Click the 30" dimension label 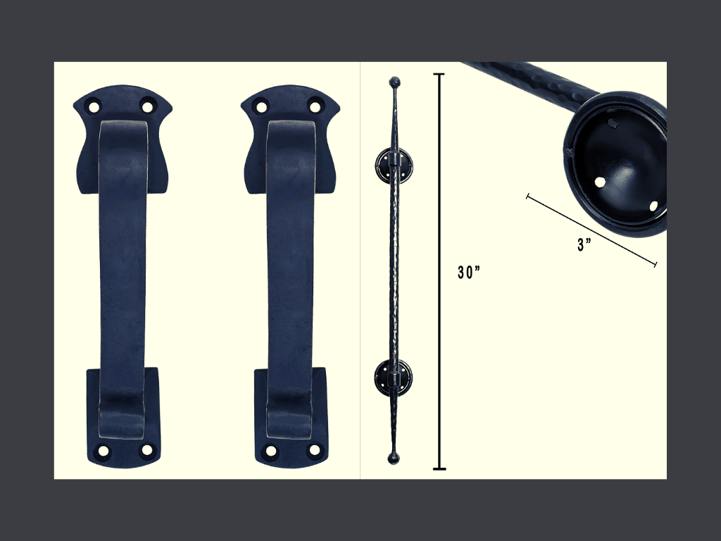468,273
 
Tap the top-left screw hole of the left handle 93,106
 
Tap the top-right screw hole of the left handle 147,106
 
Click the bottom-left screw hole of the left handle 104,451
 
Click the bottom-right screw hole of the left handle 147,449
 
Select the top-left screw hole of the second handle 261,106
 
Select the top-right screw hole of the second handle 315,106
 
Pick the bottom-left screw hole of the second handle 271,451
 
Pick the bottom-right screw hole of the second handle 315,449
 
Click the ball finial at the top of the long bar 394,82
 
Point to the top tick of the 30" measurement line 439,74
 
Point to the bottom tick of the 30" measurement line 439,468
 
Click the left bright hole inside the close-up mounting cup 600,182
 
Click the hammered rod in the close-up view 535,78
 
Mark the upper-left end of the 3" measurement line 527,195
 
